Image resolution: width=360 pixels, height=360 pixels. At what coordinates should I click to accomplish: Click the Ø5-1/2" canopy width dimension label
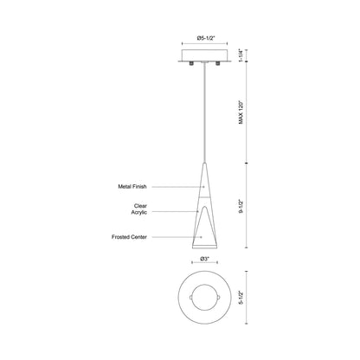tap(204, 38)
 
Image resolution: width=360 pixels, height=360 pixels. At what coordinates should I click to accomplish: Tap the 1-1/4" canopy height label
tap(241, 55)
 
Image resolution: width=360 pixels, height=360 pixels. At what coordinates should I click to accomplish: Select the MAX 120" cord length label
tap(241, 112)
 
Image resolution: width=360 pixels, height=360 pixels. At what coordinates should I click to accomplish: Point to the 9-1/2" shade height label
tap(241, 206)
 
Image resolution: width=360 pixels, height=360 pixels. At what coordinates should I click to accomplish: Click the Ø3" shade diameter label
tap(204, 259)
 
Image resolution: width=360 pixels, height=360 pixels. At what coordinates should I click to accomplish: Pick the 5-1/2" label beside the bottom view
tap(241, 298)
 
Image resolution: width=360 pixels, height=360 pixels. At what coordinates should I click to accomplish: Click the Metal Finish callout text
tap(132, 187)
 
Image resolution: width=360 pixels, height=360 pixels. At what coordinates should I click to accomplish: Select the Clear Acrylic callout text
tap(139, 209)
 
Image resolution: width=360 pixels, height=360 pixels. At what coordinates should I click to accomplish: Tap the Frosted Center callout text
tap(129, 237)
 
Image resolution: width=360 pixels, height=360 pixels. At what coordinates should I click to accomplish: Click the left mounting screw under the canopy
tap(191, 63)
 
